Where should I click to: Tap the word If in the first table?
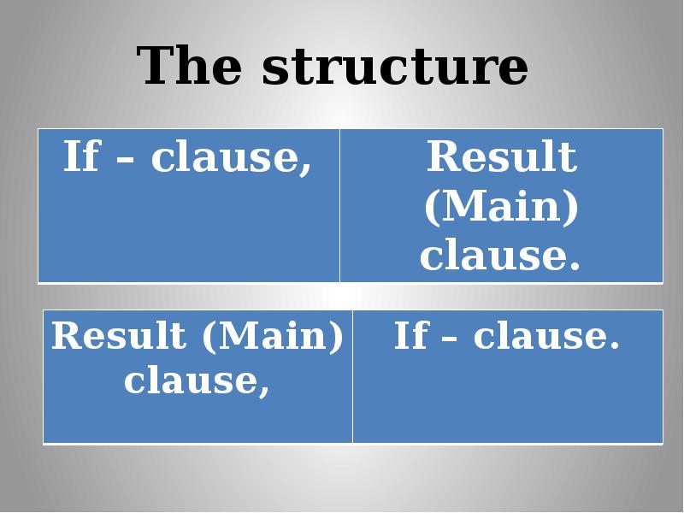coord(81,157)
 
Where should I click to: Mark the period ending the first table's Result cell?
coord(574,266)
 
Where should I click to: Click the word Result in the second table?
coord(118,336)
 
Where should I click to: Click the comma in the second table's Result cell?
coord(263,390)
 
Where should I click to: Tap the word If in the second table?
coord(410,336)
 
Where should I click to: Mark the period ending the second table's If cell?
coord(612,346)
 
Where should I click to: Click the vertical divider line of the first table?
coord(339,205)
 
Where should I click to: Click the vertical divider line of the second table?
coord(352,376)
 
